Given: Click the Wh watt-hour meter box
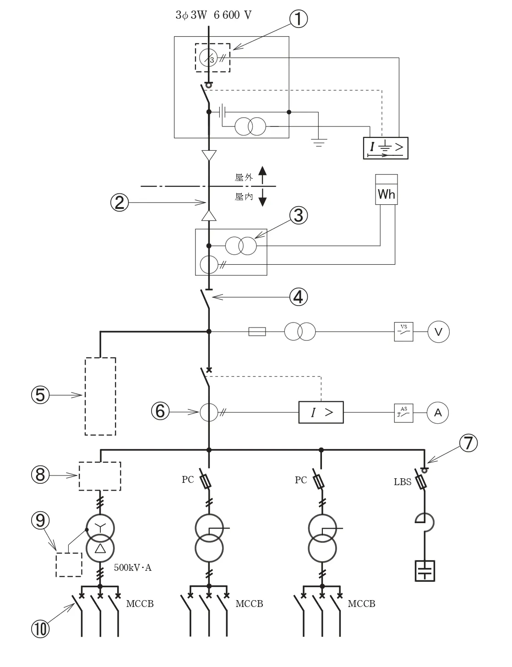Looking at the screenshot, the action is tap(386, 189).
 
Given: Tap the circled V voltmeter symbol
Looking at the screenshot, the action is tap(438, 332).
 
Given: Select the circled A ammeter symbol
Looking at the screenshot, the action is tap(438, 413).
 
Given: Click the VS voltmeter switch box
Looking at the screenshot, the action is tap(403, 332).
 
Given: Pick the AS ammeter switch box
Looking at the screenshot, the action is tap(403, 413).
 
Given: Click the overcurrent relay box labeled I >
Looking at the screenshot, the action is tap(321, 412).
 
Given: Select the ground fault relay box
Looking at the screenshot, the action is tap(386, 148).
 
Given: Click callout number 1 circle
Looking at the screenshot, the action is tap(299, 19).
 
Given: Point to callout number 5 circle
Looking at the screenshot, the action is tap(40, 395).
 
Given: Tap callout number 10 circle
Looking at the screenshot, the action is tap(40, 629).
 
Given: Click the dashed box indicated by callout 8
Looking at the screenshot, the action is tap(100, 476).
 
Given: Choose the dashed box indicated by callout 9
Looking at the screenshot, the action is tap(69, 565).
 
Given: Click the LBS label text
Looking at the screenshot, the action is tap(403, 482).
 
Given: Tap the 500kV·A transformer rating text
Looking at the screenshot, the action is tap(133, 568).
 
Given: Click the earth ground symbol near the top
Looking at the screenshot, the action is tap(319, 143).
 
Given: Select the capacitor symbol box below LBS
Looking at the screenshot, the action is tap(425, 571).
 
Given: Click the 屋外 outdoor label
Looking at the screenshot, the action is tap(244, 177).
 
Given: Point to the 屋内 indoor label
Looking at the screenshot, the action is tap(244, 197).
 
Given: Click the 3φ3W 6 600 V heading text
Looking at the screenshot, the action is tap(213, 15).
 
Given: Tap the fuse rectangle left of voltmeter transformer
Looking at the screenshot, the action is tap(257, 332).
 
